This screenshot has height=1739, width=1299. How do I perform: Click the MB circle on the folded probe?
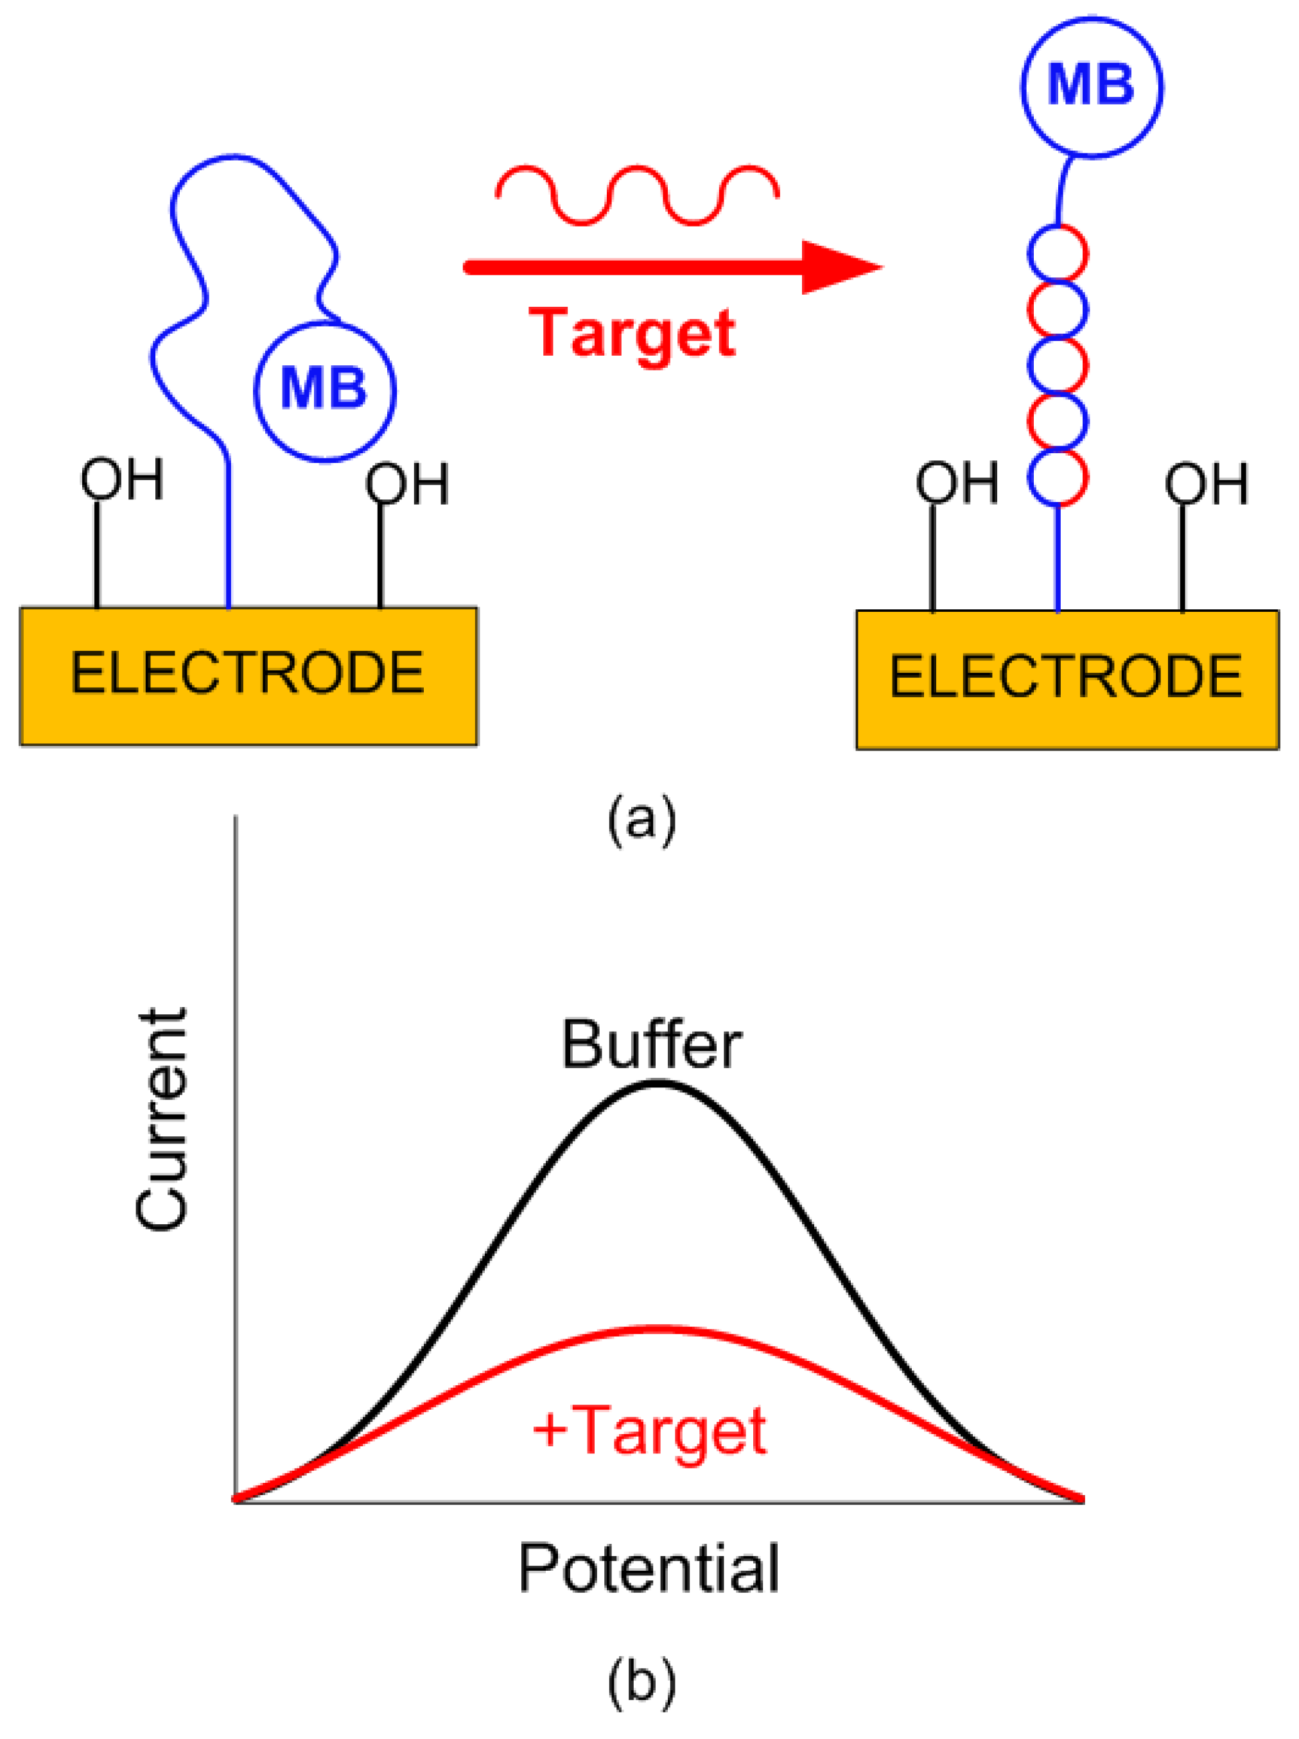coord(325,391)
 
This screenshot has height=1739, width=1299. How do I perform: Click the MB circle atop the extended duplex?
coord(1092,87)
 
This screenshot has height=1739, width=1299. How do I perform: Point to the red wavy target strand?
coord(637,195)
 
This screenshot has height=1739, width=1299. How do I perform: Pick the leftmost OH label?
coord(122,479)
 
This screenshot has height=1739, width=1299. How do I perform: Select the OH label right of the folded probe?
coord(407,483)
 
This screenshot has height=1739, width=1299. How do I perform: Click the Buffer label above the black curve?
coord(651,1046)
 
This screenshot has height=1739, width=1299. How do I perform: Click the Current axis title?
coord(161,1119)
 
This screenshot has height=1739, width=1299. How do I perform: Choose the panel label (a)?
coord(641,820)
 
